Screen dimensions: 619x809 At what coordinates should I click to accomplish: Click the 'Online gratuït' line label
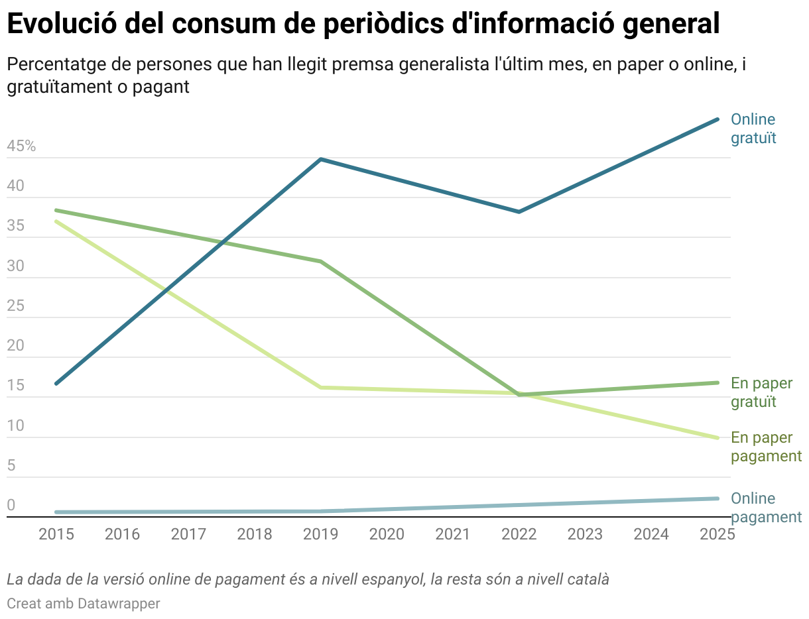[753, 129]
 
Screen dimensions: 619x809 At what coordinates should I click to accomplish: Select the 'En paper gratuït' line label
[761, 392]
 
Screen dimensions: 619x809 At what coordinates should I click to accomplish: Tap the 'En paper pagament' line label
[766, 447]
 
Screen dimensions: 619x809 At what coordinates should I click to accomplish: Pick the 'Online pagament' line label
[766, 508]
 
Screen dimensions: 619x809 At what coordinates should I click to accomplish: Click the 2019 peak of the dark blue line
[321, 159]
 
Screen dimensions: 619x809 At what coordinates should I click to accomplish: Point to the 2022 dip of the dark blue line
[519, 212]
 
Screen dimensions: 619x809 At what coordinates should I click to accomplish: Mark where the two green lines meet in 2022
[519, 394]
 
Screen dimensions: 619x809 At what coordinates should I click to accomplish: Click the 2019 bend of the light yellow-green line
[321, 387]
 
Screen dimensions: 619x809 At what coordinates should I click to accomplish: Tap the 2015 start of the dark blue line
[56, 384]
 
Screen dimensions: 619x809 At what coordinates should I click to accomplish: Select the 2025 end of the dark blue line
[717, 119]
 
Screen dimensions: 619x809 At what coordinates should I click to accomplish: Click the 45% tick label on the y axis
[21, 146]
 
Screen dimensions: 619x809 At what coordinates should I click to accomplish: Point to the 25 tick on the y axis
[15, 306]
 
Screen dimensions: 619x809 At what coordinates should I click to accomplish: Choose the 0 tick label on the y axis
[11, 506]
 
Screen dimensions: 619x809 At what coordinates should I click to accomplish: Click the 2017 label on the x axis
[188, 534]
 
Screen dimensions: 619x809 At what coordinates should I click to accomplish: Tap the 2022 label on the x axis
[519, 534]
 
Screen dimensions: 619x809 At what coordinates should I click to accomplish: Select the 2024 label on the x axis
[651, 534]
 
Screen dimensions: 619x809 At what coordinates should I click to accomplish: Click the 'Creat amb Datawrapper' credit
[84, 604]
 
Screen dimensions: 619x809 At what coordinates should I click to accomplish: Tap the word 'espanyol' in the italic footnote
[387, 579]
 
